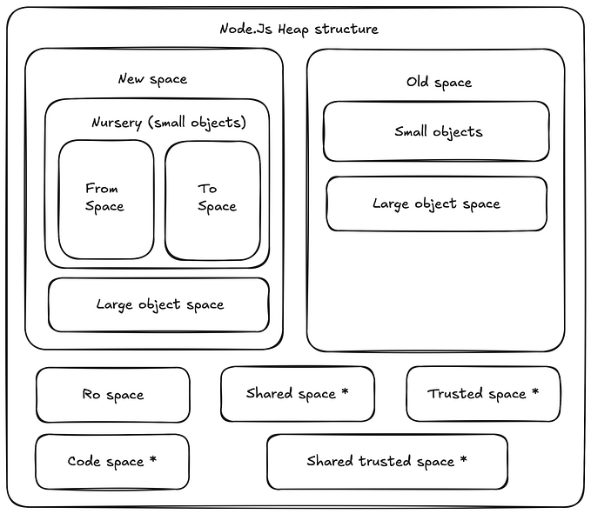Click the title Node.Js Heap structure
299,29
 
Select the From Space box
105,198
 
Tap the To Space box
213,198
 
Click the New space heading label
152,79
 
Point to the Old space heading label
439,83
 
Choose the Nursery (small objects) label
169,123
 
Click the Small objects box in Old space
436,132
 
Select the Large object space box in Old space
436,204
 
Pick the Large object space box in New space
158,305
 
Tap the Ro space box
112,395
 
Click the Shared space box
297,393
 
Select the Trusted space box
482,394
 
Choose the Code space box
111,461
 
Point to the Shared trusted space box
386,461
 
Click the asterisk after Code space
153,459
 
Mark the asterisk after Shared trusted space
463,459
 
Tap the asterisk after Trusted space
534,392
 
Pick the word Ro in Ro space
91,395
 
